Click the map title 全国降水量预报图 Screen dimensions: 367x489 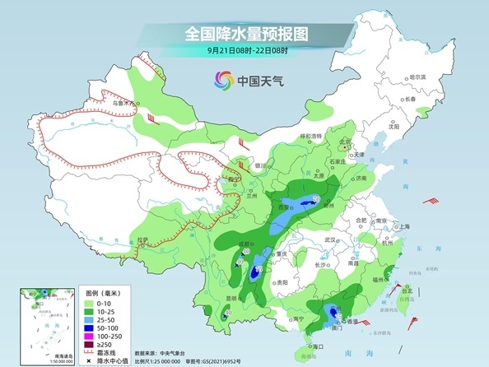(x=244, y=35)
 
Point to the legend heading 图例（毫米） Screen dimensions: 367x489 (x=103, y=291)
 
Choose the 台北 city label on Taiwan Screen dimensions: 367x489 (x=406, y=290)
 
